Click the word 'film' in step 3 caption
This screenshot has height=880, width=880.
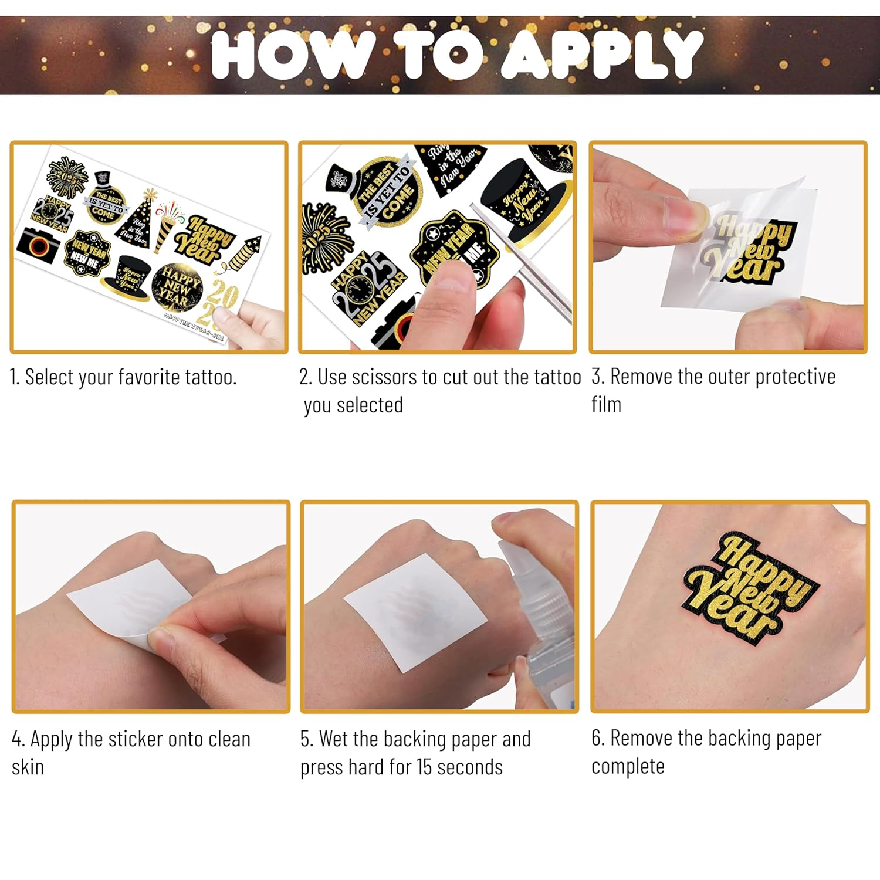[x=606, y=405]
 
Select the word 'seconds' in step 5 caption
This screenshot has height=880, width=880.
[x=469, y=767]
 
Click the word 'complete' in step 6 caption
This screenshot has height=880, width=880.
[x=628, y=767]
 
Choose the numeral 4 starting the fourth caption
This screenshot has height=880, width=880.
[x=18, y=739]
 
